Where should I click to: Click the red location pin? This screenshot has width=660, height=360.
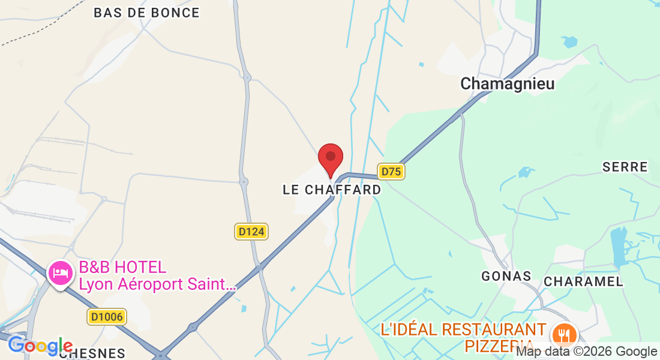(x=330, y=158)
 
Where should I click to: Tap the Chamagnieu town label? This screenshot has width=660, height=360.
(x=507, y=84)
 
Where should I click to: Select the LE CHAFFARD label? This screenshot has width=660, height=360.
(x=332, y=190)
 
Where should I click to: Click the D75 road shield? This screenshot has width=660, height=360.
(x=391, y=172)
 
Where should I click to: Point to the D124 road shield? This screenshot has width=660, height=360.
(x=251, y=232)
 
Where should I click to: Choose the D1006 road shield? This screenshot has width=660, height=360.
(x=106, y=317)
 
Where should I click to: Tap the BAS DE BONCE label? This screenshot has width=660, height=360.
(x=146, y=13)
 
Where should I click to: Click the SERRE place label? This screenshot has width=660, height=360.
(x=625, y=167)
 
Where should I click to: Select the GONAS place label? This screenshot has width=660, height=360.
(x=506, y=276)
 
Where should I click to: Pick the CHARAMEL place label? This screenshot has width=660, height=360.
(x=583, y=281)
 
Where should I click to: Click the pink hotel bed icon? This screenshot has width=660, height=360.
(x=61, y=274)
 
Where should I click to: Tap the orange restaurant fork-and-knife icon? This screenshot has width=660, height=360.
(x=563, y=333)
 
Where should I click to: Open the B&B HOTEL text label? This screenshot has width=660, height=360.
(x=122, y=267)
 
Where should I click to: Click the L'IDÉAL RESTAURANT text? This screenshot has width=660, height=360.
(x=463, y=329)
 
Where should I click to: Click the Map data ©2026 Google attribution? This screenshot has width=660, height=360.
(x=587, y=352)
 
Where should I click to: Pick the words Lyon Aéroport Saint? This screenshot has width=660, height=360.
(x=157, y=284)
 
